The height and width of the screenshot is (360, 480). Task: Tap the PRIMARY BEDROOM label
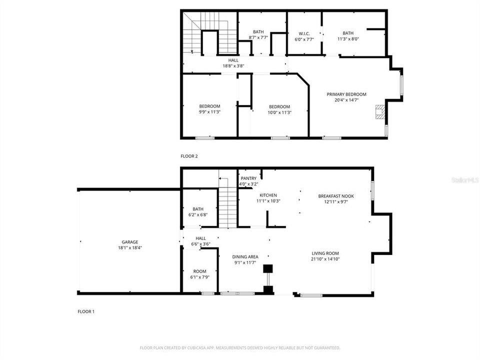(346, 94)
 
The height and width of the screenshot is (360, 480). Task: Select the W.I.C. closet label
(304, 33)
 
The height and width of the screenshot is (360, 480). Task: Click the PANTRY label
(248, 178)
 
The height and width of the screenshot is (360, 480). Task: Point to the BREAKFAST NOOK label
(336, 196)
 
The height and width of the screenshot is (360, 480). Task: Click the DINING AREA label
(245, 257)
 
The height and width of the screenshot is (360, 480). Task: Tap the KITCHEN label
(268, 195)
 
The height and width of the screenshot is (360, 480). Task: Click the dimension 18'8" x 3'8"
(233, 66)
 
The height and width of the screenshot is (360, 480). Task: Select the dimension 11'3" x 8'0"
(348, 39)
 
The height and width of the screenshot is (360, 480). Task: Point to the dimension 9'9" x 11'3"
(209, 112)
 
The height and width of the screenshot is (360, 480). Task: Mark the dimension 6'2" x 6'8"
(198, 215)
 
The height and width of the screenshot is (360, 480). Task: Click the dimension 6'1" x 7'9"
(199, 277)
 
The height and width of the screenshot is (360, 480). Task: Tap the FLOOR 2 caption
(189, 156)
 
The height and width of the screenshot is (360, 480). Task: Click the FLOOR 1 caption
(86, 311)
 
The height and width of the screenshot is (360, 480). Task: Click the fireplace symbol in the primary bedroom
(381, 112)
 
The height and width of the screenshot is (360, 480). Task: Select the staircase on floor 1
(227, 205)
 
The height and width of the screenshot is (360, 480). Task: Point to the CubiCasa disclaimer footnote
(239, 347)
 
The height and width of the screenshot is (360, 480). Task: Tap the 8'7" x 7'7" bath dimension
(258, 37)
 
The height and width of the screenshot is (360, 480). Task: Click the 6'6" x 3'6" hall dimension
(200, 244)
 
